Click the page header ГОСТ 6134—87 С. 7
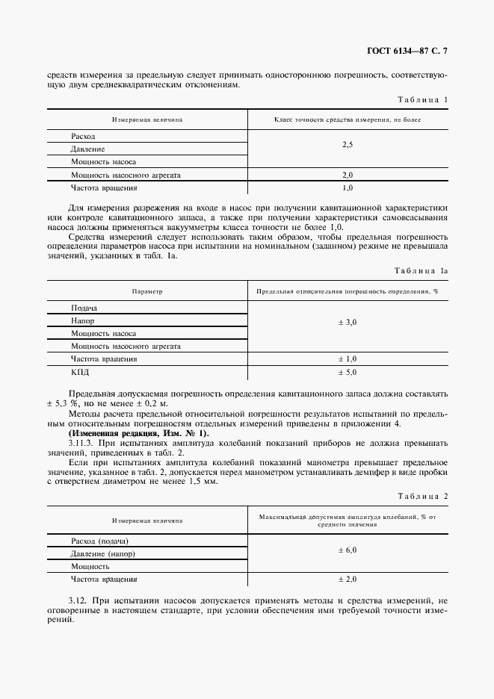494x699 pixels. [x=411, y=51]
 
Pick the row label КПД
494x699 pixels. [x=80, y=371]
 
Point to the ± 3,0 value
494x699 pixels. [x=348, y=321]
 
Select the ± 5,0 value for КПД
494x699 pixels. [x=348, y=371]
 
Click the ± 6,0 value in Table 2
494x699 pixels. [x=348, y=550]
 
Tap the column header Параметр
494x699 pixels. [x=147, y=291]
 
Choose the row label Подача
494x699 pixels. [x=84, y=308]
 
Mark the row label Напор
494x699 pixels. [x=82, y=320]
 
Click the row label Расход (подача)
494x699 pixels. [x=99, y=541]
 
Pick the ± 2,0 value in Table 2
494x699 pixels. [x=348, y=579]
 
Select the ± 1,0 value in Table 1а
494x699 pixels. [x=348, y=358]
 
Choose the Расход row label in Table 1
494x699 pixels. [x=83, y=137]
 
